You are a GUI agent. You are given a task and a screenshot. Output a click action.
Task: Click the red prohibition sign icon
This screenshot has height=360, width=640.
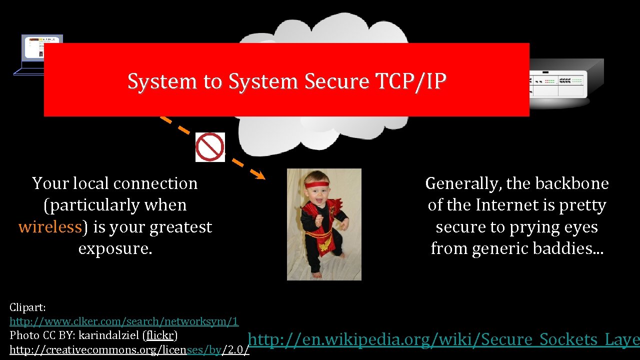[x=210, y=147]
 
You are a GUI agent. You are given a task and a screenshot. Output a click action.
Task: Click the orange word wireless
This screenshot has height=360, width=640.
[x=50, y=227]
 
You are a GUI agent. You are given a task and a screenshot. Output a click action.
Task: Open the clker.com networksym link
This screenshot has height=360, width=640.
[x=124, y=321]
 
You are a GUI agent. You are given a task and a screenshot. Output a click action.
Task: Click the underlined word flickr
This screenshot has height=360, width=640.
[x=159, y=334]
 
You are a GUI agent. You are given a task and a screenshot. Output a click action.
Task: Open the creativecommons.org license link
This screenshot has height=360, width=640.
[x=129, y=349]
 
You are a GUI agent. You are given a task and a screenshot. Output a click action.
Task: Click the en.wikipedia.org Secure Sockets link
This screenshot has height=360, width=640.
[x=444, y=340]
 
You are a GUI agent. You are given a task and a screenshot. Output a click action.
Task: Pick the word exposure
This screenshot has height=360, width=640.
[x=115, y=248]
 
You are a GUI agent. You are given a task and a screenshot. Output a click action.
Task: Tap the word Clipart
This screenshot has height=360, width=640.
[x=27, y=307]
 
